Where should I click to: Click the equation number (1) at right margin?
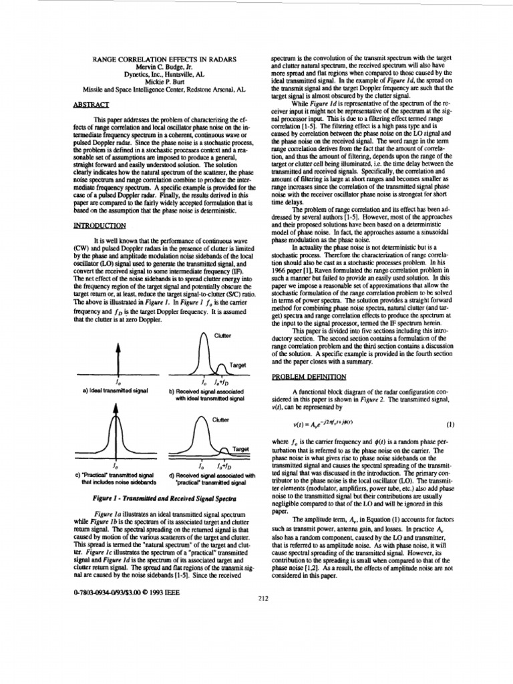pyautogui.click(x=450, y=423)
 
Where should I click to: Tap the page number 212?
pyautogui.click(x=263, y=598)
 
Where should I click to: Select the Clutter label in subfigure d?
pyautogui.click(x=221, y=419)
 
